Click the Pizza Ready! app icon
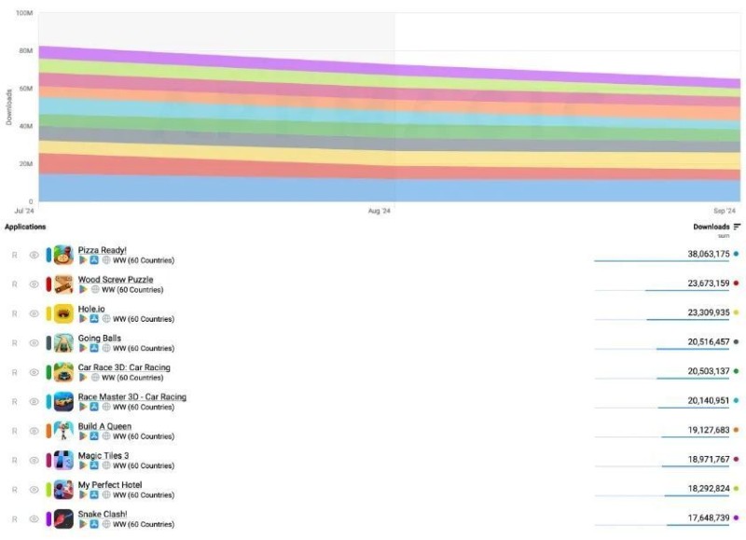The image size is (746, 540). [63, 255]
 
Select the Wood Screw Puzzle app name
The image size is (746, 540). [116, 280]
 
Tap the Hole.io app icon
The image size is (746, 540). [63, 313]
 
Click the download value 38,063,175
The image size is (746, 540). [696, 254]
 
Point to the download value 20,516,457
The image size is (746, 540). [696, 342]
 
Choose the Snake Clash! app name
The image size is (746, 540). [103, 514]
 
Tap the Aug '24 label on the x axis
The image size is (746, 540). [380, 212]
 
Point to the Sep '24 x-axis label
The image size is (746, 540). [725, 212]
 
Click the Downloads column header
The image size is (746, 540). [711, 227]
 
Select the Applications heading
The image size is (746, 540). [25, 227]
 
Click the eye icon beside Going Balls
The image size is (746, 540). [35, 343]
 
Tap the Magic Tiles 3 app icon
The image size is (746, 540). [63, 460]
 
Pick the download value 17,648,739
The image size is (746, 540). [696, 518]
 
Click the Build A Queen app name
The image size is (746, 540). [104, 426]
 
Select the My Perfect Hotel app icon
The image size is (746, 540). [63, 490]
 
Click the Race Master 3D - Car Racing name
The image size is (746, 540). [131, 397]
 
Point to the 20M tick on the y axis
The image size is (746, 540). [26, 164]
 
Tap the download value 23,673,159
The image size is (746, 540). [696, 283]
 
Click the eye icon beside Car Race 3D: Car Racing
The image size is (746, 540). [35, 372]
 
